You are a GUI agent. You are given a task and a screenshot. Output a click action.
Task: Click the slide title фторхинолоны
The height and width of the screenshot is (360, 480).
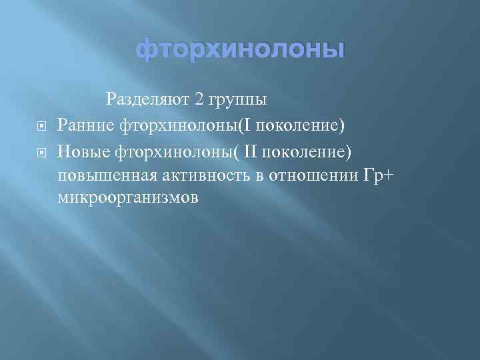241,50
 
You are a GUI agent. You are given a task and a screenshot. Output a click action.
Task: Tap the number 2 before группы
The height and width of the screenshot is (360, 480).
199,100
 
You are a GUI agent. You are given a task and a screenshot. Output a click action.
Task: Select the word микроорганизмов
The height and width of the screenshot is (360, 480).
127,199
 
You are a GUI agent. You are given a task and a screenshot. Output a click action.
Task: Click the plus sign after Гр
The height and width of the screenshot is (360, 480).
391,175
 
